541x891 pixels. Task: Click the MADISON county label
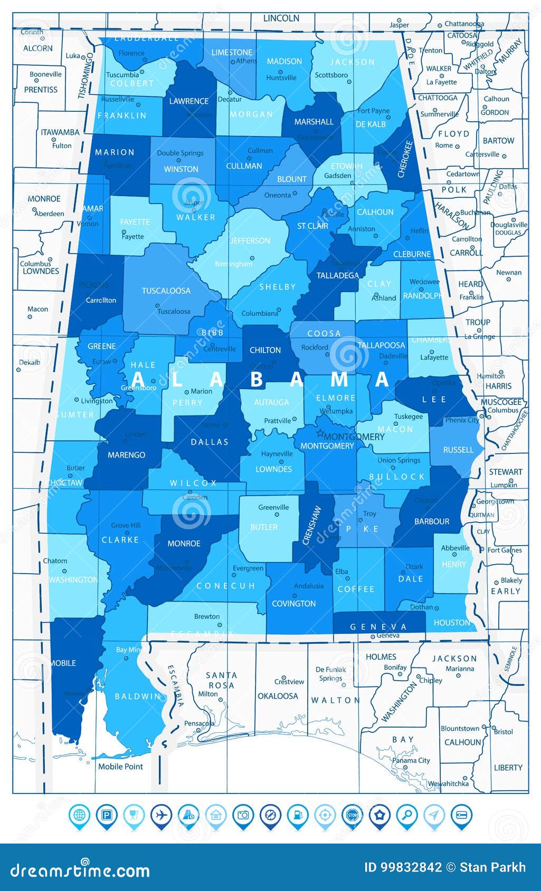(x=284, y=61)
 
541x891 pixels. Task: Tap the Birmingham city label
(x=234, y=264)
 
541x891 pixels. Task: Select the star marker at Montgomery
(x=319, y=434)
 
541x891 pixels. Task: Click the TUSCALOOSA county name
(x=166, y=290)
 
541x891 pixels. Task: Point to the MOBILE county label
(x=63, y=663)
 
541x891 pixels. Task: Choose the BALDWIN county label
(x=137, y=696)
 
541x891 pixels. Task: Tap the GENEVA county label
(x=378, y=626)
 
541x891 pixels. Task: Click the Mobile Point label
(x=120, y=767)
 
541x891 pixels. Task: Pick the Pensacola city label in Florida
(x=200, y=724)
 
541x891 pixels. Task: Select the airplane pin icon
(x=161, y=815)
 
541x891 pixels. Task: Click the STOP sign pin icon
(x=352, y=815)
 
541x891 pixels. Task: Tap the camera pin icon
(x=243, y=815)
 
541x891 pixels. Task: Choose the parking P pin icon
(x=107, y=815)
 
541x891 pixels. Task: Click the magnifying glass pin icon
(x=406, y=815)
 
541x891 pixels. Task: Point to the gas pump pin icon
(x=298, y=815)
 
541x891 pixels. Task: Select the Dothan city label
(x=421, y=607)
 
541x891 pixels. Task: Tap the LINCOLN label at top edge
(x=281, y=18)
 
